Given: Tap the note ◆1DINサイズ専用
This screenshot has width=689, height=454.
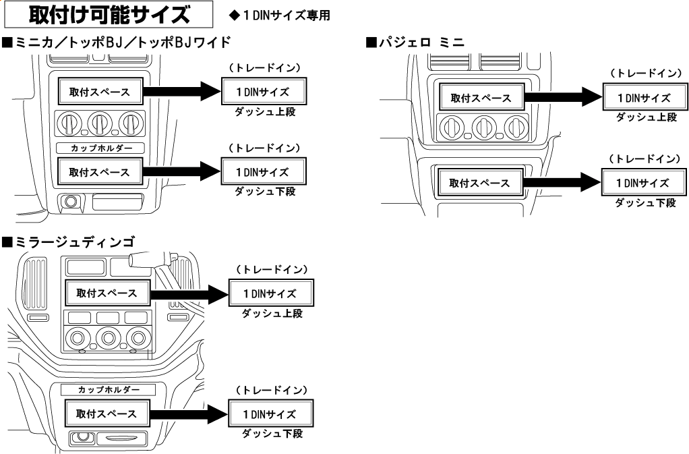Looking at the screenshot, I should [279, 15].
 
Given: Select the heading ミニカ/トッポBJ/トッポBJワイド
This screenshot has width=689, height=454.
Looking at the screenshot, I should [117, 44].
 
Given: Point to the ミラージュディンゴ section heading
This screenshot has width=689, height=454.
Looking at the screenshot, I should [68, 241].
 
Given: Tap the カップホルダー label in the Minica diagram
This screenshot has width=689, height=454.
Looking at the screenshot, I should [98, 147].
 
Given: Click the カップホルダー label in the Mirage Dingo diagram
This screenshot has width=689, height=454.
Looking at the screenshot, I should [108, 389].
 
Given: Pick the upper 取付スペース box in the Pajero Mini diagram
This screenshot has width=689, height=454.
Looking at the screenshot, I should [481, 98].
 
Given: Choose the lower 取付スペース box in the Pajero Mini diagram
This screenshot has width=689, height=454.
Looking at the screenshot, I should [481, 183].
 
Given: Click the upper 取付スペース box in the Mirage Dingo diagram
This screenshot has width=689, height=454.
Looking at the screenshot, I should [107, 293].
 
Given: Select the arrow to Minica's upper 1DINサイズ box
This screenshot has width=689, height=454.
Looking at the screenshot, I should [182, 90].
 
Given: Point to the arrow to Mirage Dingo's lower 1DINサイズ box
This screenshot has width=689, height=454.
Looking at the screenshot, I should [189, 413].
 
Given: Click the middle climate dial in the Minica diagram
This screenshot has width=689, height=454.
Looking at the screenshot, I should [98, 123].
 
